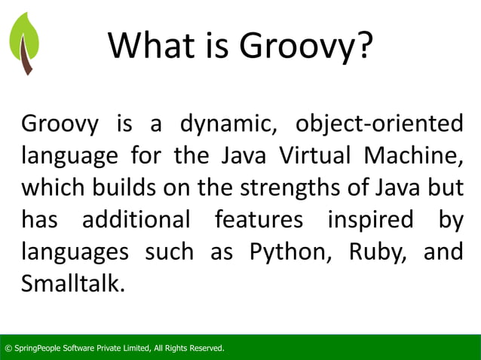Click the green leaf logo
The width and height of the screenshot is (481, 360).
[x=23, y=38]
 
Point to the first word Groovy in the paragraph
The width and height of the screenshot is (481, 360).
[x=60, y=124]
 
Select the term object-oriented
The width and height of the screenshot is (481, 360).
[x=380, y=124]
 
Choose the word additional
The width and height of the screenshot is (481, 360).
[x=136, y=221]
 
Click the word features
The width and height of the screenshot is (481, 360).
[x=259, y=221]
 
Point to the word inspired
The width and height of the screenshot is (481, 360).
[x=370, y=221]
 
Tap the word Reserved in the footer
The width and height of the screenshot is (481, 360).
[x=205, y=348]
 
